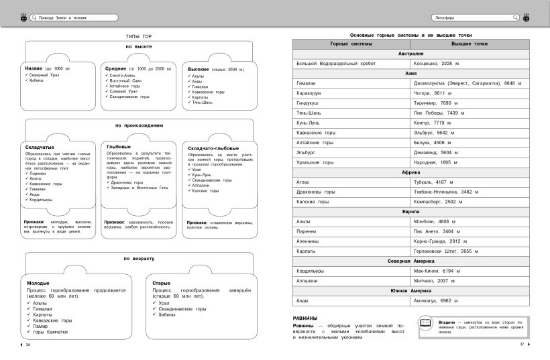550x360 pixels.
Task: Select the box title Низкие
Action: pyautogui.click(x=34, y=68)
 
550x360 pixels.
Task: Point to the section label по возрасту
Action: pyautogui.click(x=139, y=258)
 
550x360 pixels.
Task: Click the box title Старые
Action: pyautogui.click(x=161, y=283)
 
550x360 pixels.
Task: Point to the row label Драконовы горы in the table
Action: pyautogui.click(x=316, y=192)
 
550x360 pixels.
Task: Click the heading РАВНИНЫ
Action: pyautogui.click(x=305, y=318)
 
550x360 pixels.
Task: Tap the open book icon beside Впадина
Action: pyautogui.click(x=425, y=324)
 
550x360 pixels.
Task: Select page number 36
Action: pyautogui.click(x=28, y=345)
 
